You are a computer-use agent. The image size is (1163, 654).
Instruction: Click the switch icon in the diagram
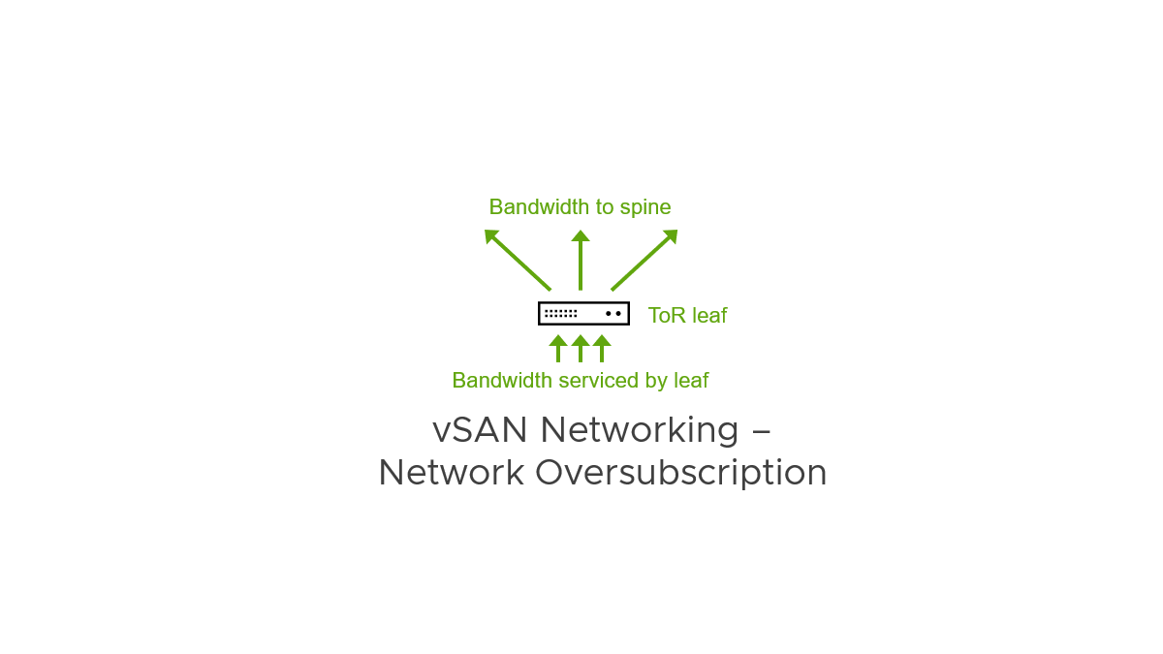point(583,313)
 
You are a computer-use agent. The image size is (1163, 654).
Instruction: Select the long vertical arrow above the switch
point(581,260)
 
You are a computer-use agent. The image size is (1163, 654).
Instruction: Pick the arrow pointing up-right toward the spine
point(644,259)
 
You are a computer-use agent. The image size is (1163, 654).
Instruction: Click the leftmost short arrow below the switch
point(558,348)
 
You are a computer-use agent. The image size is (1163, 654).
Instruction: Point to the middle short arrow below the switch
point(581,348)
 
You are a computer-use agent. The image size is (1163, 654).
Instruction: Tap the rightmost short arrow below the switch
point(602,348)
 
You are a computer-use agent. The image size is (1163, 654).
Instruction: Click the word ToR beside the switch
point(665,315)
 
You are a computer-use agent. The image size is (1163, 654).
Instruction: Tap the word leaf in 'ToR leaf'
point(707,315)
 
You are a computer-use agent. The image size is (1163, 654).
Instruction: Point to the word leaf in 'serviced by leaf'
point(691,381)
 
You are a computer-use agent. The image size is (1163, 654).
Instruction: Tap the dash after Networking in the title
point(761,429)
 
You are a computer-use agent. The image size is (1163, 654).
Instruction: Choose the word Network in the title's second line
point(452,473)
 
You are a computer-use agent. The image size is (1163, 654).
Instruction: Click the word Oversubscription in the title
point(680,473)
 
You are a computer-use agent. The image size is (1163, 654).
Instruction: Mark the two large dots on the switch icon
point(613,313)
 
